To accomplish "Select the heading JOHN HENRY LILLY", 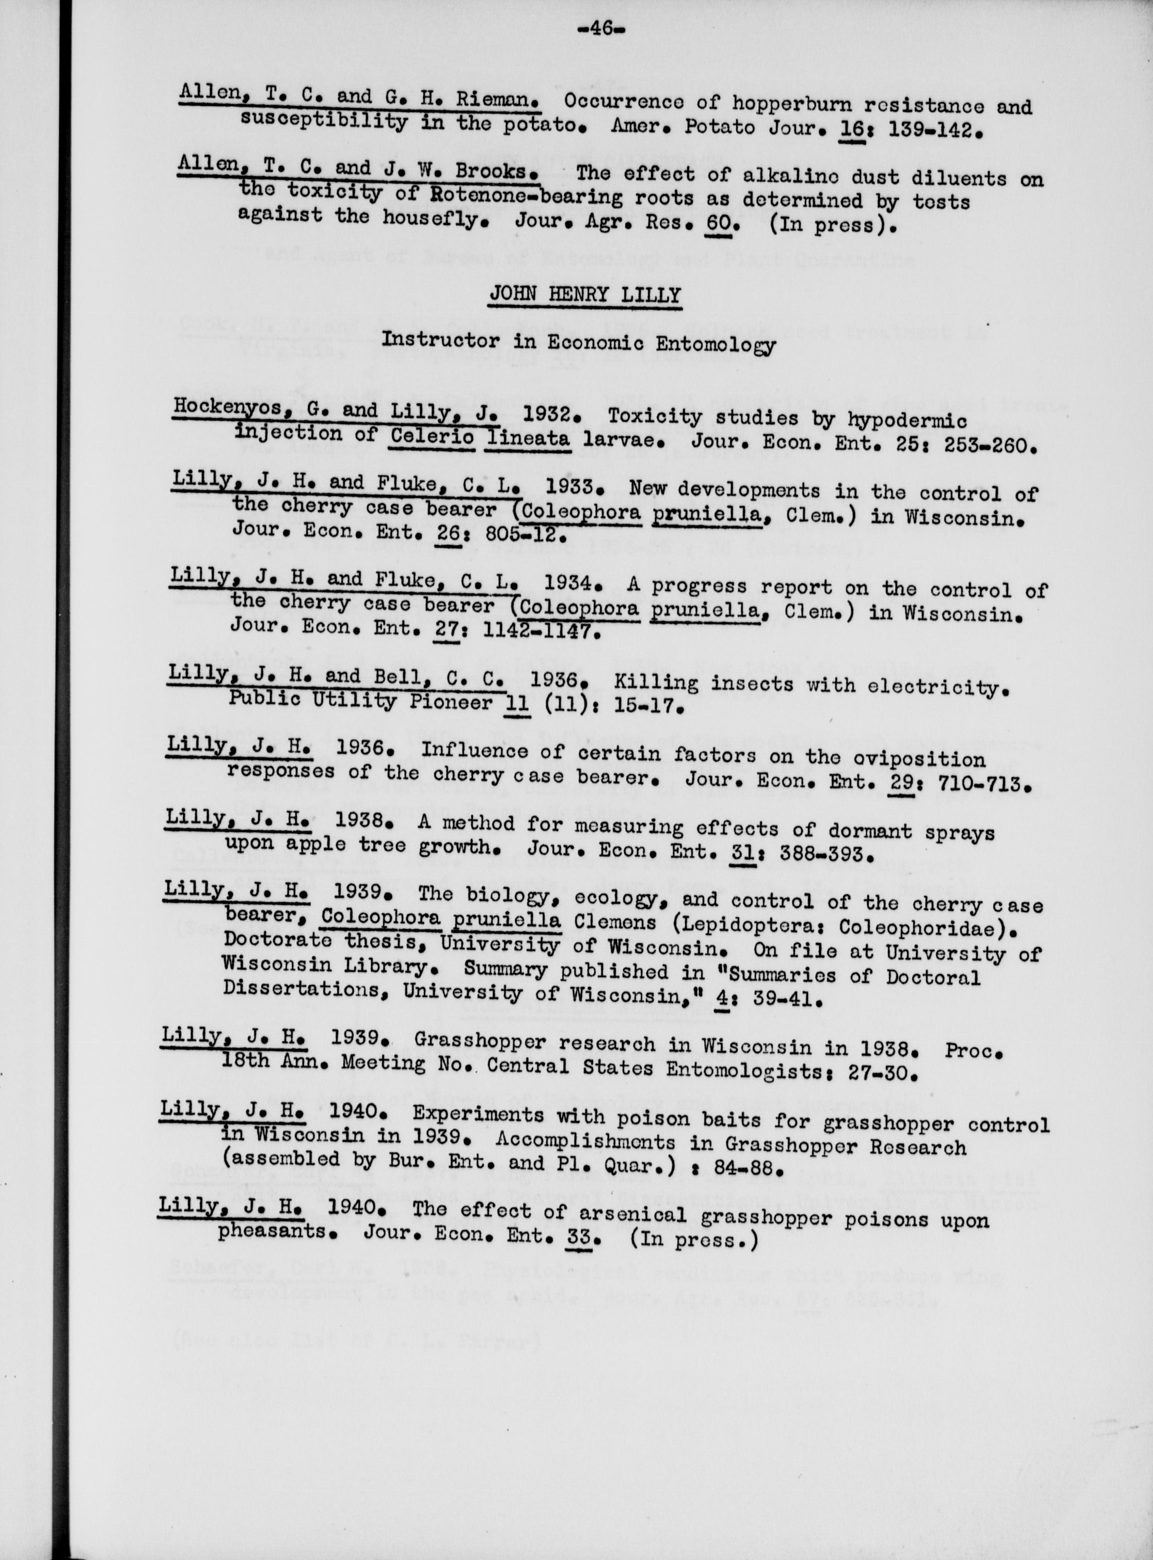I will click(585, 294).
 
